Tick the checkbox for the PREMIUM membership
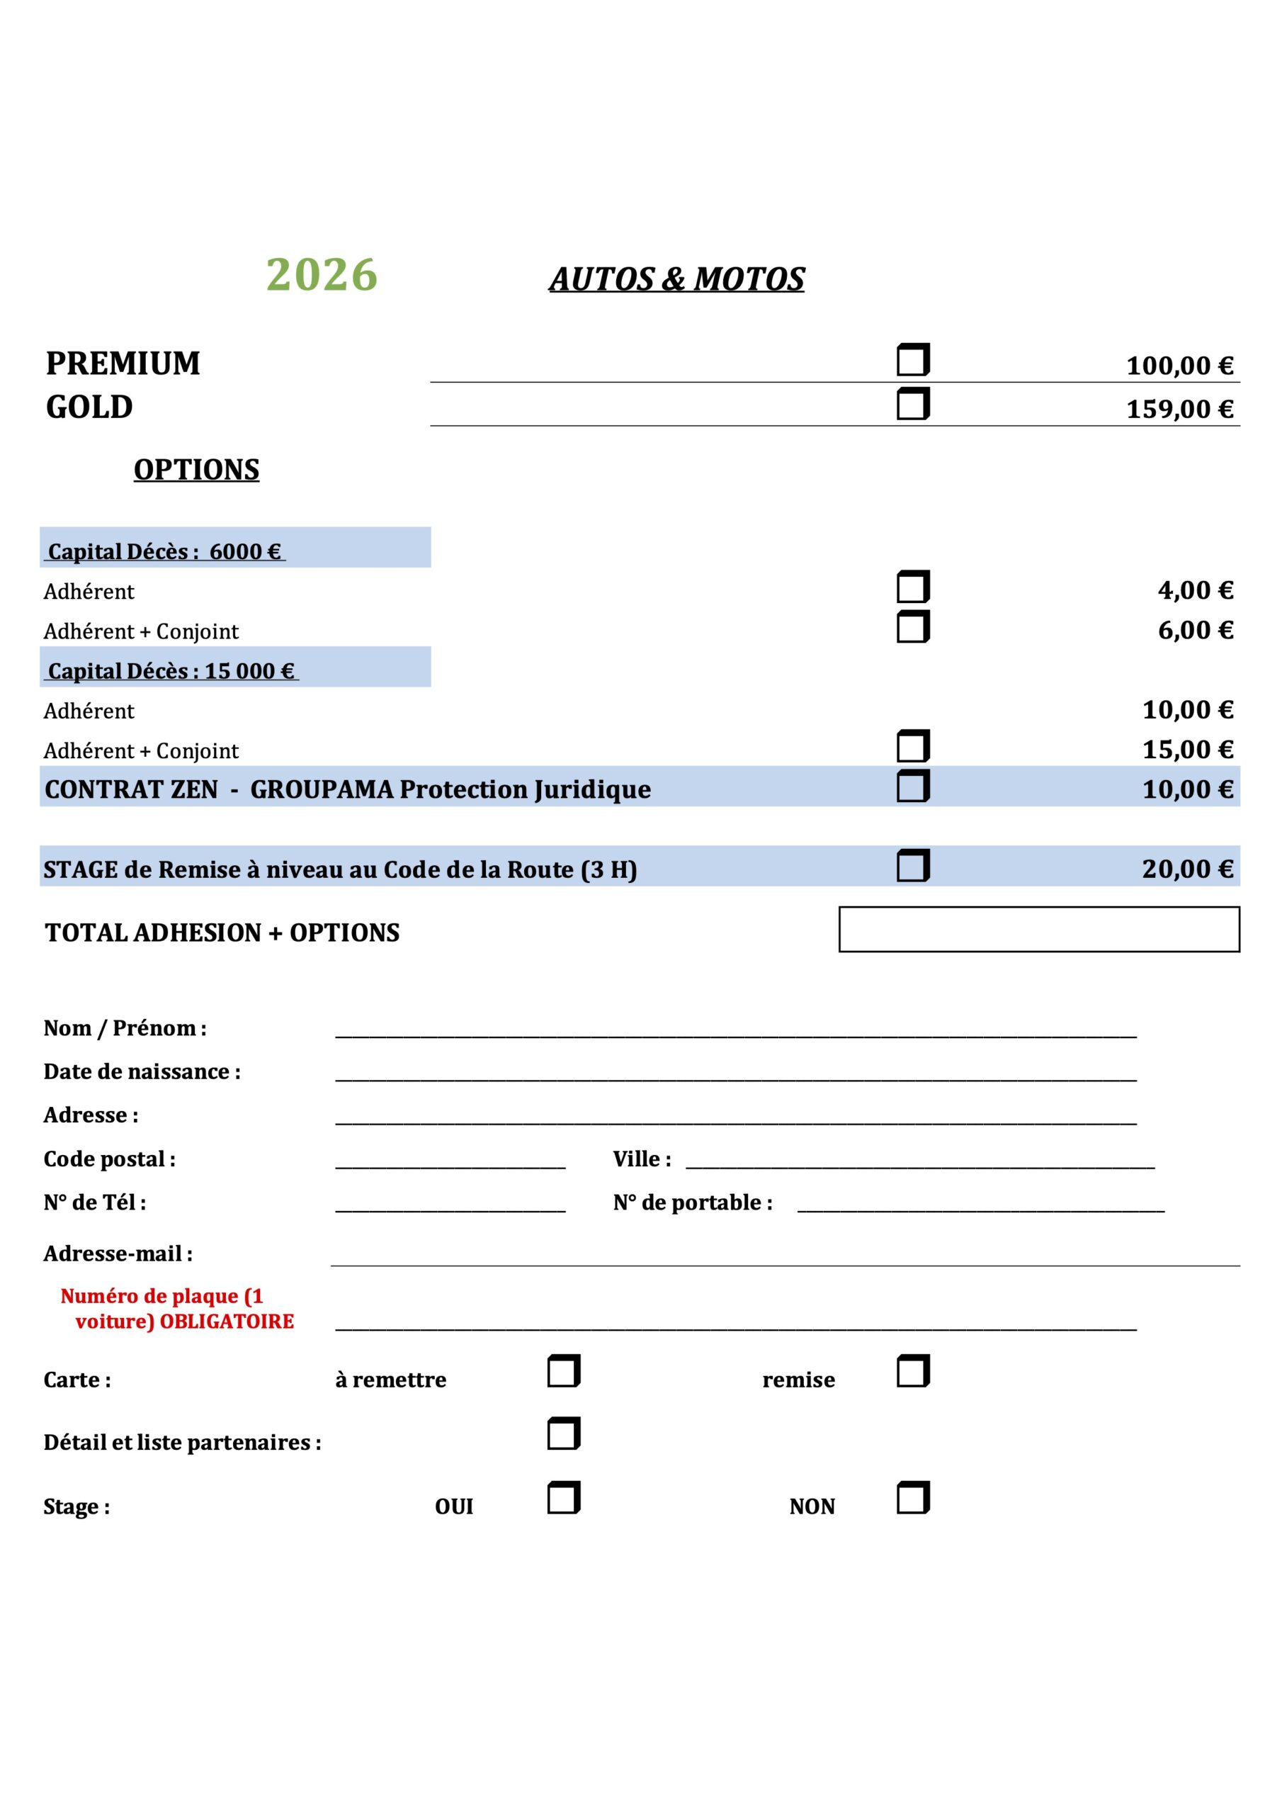point(912,360)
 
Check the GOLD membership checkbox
point(912,404)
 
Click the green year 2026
point(322,275)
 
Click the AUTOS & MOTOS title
point(676,279)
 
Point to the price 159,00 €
point(1179,410)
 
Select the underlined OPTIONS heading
point(196,469)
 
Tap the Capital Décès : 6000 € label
point(165,551)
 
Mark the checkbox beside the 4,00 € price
point(912,587)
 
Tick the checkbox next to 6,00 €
point(912,627)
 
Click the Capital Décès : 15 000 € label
point(171,671)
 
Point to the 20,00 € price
point(1187,869)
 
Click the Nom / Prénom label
point(125,1028)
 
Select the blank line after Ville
point(919,1161)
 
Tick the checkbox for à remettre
point(563,1370)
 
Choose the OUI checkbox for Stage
point(563,1497)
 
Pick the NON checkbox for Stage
point(912,1497)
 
